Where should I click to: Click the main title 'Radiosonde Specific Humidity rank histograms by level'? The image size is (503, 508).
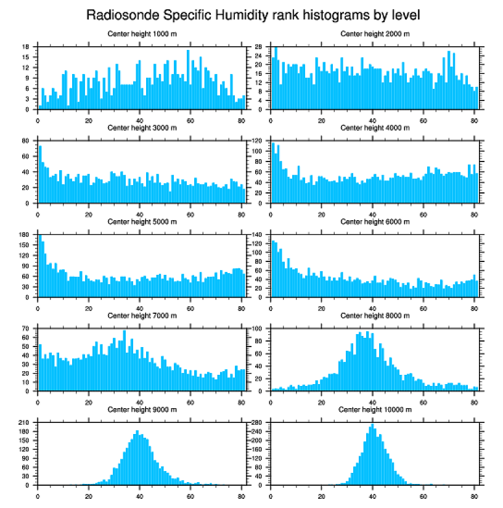(252, 14)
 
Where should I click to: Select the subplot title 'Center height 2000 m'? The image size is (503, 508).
(375, 33)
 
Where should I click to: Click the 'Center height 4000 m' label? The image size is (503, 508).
(375, 128)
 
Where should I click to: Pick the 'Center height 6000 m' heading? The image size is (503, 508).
(375, 221)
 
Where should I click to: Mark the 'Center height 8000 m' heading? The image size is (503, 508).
(375, 316)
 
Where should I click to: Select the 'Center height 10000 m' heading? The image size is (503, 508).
(375, 409)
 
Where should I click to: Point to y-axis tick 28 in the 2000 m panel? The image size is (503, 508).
(260, 47)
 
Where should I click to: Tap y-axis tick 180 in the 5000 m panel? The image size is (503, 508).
(25, 235)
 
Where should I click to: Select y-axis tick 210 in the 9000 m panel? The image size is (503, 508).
(25, 423)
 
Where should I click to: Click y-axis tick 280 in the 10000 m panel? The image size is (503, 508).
(258, 423)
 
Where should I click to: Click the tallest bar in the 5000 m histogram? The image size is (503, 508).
(40, 266)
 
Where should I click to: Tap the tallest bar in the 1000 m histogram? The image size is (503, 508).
(188, 80)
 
